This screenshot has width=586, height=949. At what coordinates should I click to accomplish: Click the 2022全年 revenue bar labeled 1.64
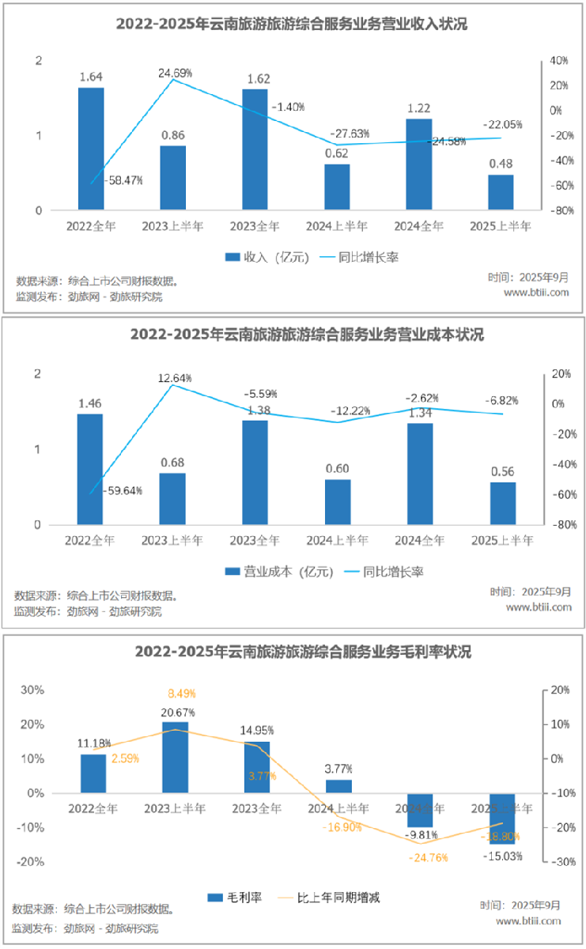pyautogui.click(x=91, y=149)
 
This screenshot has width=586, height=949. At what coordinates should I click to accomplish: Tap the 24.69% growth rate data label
pyautogui.click(x=175, y=73)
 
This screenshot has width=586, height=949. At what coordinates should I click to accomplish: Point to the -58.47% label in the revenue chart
pyautogui.click(x=123, y=180)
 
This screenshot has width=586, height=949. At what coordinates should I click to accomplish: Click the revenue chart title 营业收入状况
pyautogui.click(x=292, y=25)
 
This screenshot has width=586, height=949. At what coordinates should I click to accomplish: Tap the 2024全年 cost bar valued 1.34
pyautogui.click(x=419, y=474)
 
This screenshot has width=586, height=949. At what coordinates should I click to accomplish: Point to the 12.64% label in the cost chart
pyautogui.click(x=175, y=378)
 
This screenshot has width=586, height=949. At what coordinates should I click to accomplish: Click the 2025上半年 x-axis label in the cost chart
pyautogui.click(x=502, y=541)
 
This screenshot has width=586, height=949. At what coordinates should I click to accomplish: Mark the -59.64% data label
pyautogui.click(x=123, y=490)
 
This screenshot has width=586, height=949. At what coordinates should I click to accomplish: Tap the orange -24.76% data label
pyautogui.click(x=427, y=857)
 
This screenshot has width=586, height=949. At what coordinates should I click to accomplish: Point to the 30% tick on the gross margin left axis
pyautogui.click(x=32, y=690)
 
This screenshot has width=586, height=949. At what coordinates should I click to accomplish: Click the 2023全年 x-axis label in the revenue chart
pyautogui.click(x=255, y=226)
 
